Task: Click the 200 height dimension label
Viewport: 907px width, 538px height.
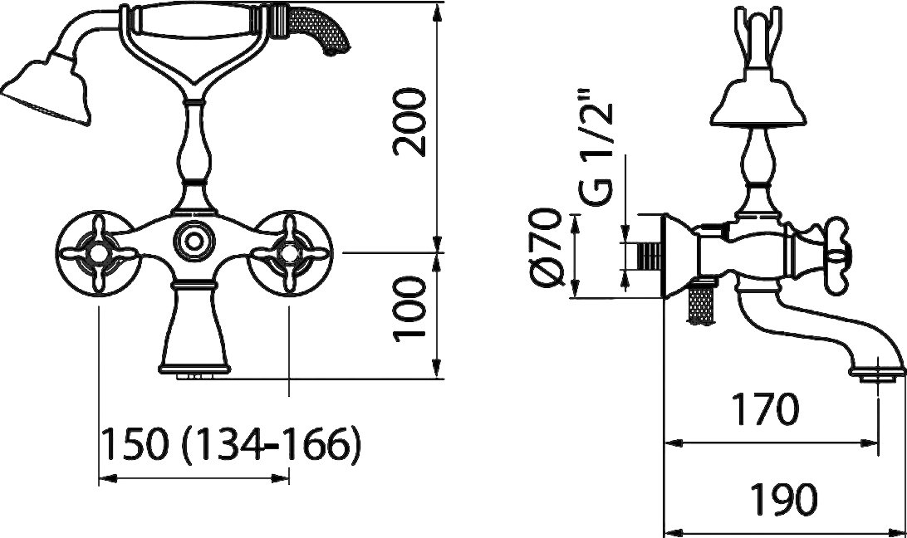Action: pos(409,122)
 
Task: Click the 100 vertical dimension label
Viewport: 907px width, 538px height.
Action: pos(409,309)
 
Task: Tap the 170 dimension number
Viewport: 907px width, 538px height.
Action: pos(765,408)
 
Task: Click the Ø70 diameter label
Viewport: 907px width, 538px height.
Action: pos(547,247)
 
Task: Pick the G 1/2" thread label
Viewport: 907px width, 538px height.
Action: pos(596,148)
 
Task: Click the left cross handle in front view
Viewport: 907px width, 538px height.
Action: pos(99,252)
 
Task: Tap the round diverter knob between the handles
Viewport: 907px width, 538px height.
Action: pos(194,237)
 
